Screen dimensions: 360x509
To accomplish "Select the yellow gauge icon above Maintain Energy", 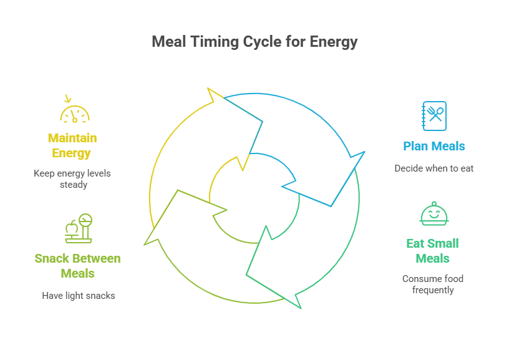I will point(75,113).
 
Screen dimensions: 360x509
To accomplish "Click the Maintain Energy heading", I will point(72,145).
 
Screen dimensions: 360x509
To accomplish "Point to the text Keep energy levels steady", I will point(72,178).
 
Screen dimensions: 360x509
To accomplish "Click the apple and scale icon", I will point(78,229).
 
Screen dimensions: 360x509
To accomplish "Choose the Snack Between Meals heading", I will point(78,266).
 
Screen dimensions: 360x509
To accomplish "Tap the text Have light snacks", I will point(79,296).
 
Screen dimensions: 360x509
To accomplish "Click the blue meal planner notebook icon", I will point(434,116).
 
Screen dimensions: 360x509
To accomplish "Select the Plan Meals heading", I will point(434,147).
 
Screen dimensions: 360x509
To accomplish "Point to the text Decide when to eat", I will point(434,168).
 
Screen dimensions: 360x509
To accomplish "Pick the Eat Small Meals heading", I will point(433,251).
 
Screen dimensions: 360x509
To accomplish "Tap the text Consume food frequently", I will point(433,285).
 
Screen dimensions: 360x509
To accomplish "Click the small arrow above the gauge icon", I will point(68,99).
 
